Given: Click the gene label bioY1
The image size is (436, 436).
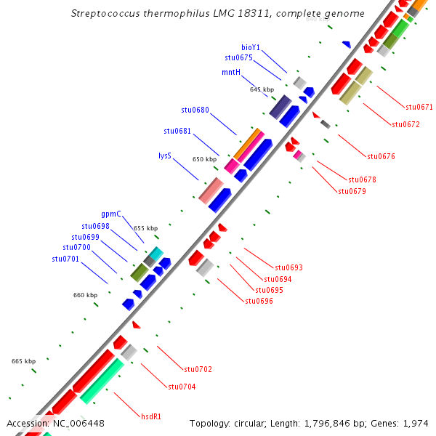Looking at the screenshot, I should tap(251, 47).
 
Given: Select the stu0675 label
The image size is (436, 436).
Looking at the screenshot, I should tap(238, 57).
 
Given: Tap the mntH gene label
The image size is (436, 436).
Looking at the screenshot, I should tap(231, 72).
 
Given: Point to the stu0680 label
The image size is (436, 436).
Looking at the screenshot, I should tap(195, 110).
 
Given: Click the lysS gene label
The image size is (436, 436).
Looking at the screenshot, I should tap(165, 156).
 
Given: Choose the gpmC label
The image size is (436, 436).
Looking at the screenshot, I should tap(111, 214).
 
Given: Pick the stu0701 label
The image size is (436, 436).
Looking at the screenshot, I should tap(66, 259).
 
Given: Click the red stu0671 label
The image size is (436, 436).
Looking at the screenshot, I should tap(419, 108).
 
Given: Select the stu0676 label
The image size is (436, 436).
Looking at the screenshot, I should tap(381, 156).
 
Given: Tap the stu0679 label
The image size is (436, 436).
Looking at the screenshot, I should tap(352, 192).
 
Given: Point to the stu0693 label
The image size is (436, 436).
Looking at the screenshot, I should tap(288, 268).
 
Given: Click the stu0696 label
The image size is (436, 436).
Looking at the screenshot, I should tap(259, 301).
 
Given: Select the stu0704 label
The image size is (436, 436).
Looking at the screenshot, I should tap(182, 387).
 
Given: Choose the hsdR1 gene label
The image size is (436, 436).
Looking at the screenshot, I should tap(151, 416).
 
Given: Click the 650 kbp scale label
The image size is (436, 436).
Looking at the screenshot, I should tap(205, 159).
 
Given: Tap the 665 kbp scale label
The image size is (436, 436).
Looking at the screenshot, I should tap(23, 361).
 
